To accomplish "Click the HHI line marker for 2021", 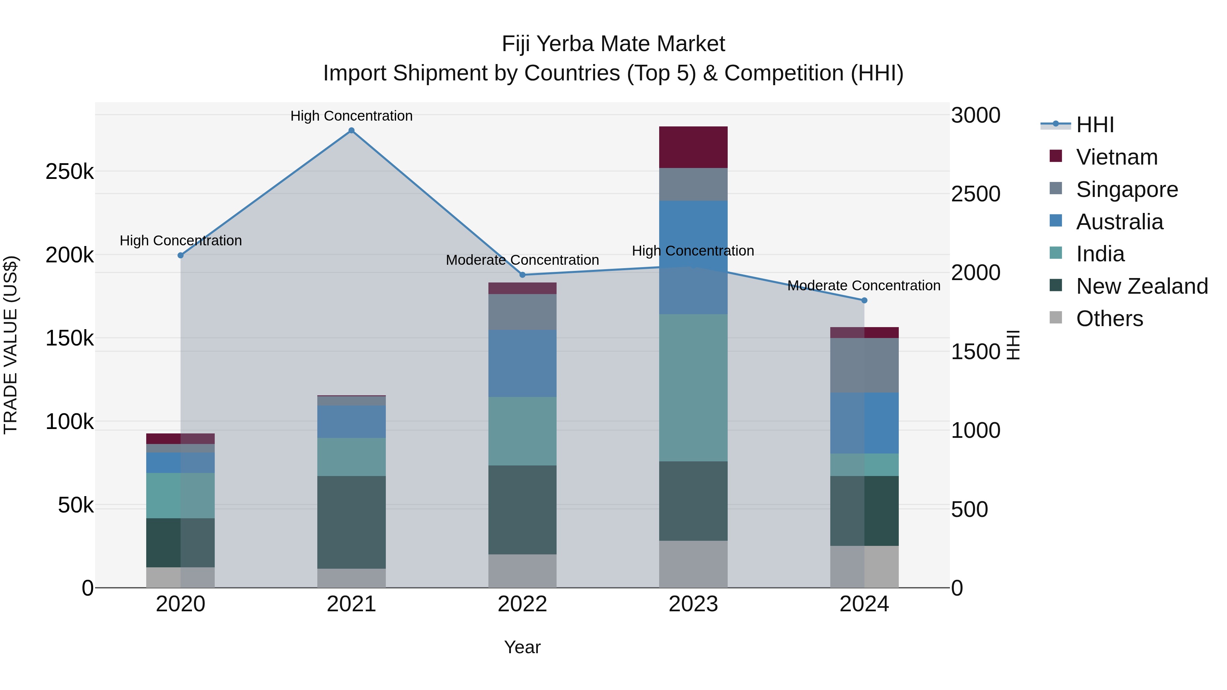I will point(351,131).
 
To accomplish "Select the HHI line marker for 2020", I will point(181,256).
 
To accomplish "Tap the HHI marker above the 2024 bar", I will point(864,301).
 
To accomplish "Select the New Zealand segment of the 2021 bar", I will point(351,522).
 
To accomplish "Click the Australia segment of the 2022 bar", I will point(522,363).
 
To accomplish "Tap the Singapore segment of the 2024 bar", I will point(864,365).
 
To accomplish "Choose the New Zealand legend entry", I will point(1141,286).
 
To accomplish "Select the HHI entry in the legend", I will point(1094,125).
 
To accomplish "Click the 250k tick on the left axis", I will point(70,171).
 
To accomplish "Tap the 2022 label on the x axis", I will point(522,604).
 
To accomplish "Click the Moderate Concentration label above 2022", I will point(522,260).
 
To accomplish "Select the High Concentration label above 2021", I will point(351,116).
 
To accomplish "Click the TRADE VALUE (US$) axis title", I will point(11,345).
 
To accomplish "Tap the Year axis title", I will point(522,647).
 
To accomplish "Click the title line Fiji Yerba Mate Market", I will point(613,44).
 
